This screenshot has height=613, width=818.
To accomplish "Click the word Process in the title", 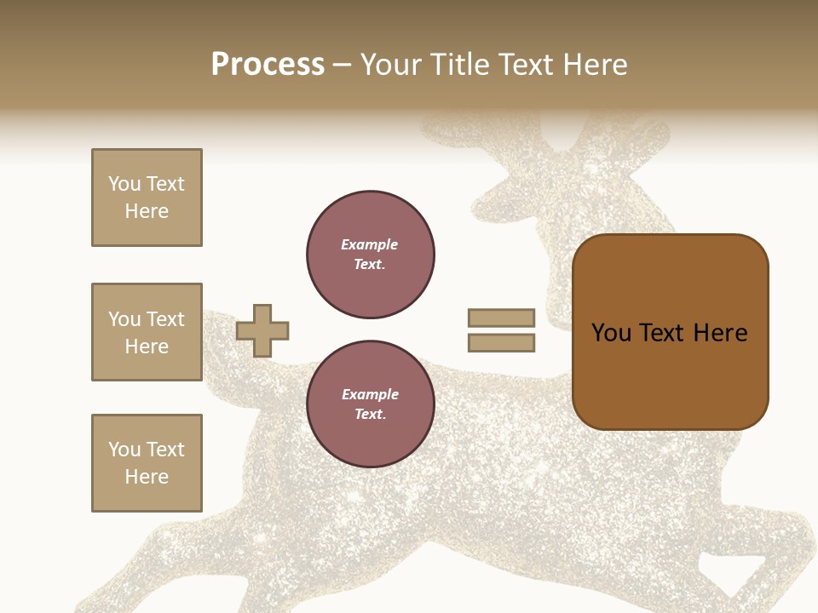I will coord(268,65).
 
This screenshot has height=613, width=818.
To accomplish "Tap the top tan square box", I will coord(147,198).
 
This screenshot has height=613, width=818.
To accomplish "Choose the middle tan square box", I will coord(147,332).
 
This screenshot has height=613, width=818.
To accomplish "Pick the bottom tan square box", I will coord(147,463).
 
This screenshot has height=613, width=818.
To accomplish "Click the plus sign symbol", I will coord(262,330).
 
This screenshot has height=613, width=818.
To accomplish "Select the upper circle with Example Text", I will coord(370,255).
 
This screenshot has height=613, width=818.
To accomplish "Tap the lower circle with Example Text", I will coord(370,404).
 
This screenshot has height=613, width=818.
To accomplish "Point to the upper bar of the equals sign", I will coord(501,318).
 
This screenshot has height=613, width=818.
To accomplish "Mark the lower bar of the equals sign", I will coord(501,343).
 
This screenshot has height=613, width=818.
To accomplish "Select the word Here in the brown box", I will coord(720,333).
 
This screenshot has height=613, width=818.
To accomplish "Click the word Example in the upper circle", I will coord(370,244).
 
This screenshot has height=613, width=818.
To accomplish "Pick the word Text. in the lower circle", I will coord(370,415).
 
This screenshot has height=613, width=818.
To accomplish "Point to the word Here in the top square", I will coord(147,211).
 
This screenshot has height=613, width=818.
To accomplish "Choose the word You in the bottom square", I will coord(124,450).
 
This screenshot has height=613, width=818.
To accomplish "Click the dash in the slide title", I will coord(342,65).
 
